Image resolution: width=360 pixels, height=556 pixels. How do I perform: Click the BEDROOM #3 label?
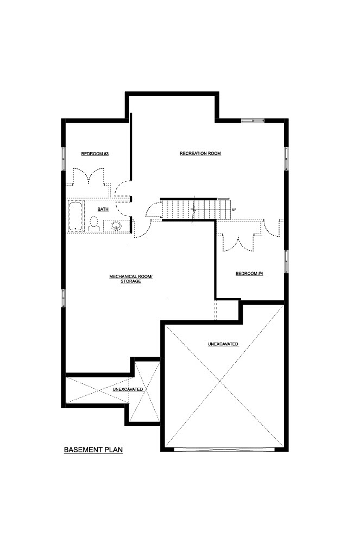[94, 154]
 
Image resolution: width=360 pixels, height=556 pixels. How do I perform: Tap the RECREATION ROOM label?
[200, 153]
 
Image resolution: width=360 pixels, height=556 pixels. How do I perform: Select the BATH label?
[103, 209]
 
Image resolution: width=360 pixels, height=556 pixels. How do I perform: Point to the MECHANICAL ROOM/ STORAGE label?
[131, 279]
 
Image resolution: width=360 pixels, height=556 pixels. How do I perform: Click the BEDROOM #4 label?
[249, 274]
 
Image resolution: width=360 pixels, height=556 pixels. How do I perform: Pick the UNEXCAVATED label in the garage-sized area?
[223, 344]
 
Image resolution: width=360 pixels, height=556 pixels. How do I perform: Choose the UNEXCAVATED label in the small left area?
[128, 389]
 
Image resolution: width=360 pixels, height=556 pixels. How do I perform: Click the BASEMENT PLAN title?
[93, 450]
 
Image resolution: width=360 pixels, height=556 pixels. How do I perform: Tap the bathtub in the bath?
[75, 217]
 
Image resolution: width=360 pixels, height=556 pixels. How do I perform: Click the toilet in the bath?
[94, 224]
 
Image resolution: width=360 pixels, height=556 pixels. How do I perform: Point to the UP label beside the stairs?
[234, 210]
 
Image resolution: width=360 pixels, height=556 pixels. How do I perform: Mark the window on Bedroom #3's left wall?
[64, 159]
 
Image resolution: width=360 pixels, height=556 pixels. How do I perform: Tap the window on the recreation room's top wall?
[253, 121]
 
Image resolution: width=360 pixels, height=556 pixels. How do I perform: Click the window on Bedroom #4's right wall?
[287, 261]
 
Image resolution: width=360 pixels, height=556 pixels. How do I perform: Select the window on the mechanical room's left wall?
[64, 299]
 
